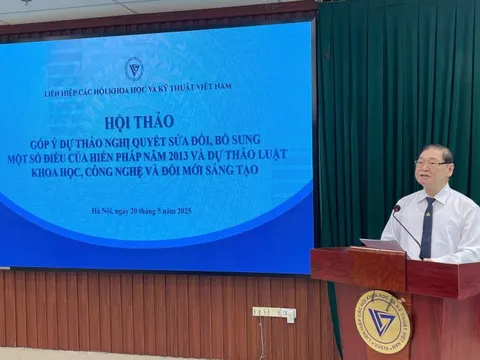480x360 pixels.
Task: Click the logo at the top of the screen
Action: (134, 69)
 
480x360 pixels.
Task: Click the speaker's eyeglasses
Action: (431, 162)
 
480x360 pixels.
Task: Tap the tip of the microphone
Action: (396, 208)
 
